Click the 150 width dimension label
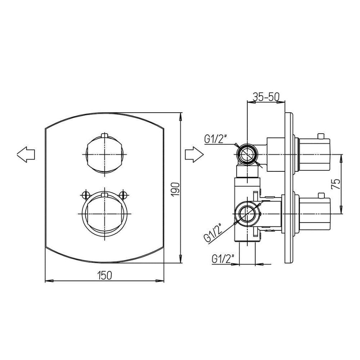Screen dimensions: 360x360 [x=104, y=275]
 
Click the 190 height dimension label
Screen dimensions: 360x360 [x=175, y=189]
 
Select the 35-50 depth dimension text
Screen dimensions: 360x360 [x=266, y=96]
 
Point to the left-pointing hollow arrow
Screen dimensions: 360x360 [x=26, y=154]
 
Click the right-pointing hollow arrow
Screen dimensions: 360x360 [x=194, y=154]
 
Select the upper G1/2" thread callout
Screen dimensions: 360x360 [x=214, y=139]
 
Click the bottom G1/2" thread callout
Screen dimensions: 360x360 [x=221, y=259]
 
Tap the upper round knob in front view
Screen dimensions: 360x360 [x=104, y=154]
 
